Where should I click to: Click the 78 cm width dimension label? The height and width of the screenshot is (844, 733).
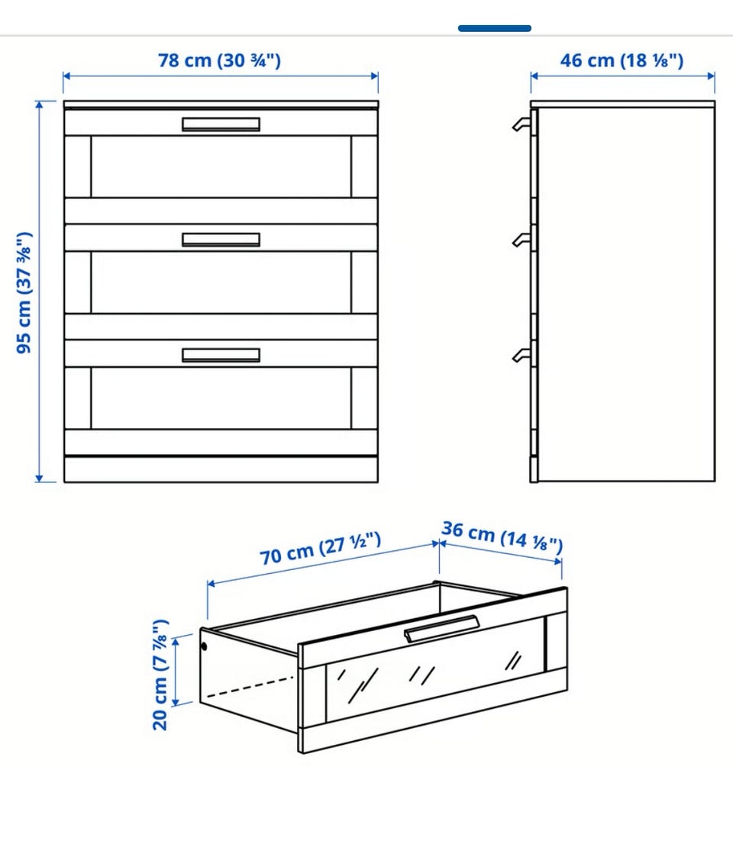(x=219, y=60)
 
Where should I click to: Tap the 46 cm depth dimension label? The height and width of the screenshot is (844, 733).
(x=622, y=60)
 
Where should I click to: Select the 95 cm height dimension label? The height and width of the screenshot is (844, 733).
(x=24, y=292)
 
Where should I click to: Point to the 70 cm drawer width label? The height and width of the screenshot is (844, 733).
(x=321, y=549)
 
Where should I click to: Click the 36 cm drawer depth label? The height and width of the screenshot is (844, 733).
(x=502, y=536)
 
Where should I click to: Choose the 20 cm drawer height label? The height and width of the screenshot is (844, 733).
(x=160, y=675)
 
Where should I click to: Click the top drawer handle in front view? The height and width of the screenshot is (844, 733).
(x=221, y=124)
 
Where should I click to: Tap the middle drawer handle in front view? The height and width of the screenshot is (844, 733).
(x=221, y=240)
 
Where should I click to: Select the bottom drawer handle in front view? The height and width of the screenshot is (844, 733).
(x=221, y=356)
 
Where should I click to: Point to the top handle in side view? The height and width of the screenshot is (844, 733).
(x=521, y=124)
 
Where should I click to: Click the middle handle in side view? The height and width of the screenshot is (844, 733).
(x=521, y=240)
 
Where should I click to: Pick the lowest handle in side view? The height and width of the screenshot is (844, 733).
(x=521, y=356)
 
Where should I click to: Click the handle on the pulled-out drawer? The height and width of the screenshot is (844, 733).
(x=441, y=628)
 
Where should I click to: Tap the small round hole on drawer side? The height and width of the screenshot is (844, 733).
(x=204, y=646)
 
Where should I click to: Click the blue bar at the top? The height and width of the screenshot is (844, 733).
(x=495, y=28)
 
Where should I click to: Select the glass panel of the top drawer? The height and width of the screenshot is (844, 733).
(x=221, y=167)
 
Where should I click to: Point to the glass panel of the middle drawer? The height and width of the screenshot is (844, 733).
(x=221, y=282)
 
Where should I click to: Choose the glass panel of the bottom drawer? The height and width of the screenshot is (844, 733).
(x=221, y=398)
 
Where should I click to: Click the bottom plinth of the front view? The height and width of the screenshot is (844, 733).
(x=221, y=469)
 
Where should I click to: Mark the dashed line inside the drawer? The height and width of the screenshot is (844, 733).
(x=251, y=686)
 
